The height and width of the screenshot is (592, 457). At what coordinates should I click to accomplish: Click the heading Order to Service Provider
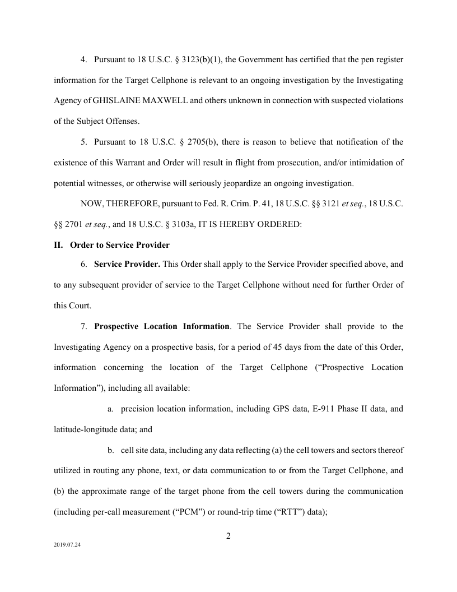click(x=119, y=245)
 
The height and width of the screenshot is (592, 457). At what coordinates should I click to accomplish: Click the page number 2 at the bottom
click(x=228, y=536)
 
